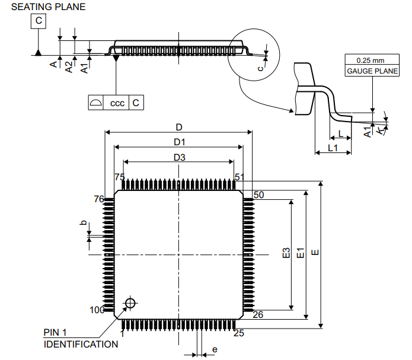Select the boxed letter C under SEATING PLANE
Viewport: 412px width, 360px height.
point(38,22)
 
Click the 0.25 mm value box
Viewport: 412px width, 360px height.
point(371,60)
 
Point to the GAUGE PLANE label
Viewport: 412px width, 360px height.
point(371,71)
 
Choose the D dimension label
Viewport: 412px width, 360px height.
point(178,127)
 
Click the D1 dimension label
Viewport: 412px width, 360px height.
point(179,142)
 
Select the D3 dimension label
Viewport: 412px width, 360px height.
point(179,158)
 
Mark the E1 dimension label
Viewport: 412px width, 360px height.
point(301,253)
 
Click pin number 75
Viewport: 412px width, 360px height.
point(120,177)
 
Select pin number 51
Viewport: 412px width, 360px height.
point(240,177)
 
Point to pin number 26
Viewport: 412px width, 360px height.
point(258,315)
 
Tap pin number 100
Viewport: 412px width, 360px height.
point(97,310)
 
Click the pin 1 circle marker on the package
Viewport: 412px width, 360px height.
point(129,304)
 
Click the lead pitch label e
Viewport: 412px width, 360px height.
point(215,350)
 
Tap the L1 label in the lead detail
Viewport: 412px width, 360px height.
point(333,148)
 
